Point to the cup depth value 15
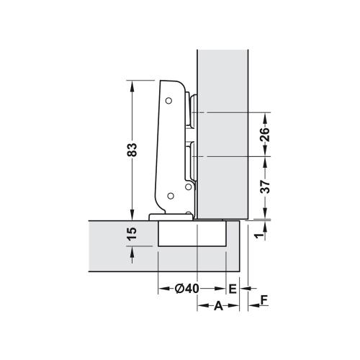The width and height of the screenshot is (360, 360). [131, 234]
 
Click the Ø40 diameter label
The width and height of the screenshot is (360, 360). [186, 288]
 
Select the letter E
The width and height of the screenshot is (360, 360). [232, 288]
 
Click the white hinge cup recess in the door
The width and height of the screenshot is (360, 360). [192, 234]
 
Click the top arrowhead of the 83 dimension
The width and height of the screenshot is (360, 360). [132, 85]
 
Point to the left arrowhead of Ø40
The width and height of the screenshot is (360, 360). [161, 288]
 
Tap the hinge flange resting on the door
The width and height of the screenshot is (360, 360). [161, 216]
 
